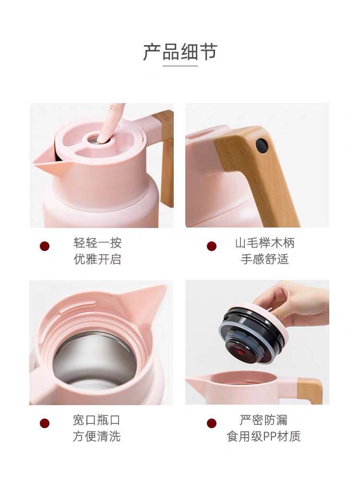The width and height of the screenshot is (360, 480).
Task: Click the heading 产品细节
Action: coord(180,52)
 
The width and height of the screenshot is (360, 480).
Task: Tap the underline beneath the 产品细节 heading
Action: coord(180,66)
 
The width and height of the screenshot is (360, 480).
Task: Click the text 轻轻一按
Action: coord(97,242)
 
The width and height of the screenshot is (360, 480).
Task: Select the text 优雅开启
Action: coord(97,259)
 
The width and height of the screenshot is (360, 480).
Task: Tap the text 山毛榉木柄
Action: coord(264,242)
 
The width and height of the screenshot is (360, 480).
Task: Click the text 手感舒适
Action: coord(264,259)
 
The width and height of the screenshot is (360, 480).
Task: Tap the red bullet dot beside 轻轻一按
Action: coord(45,246)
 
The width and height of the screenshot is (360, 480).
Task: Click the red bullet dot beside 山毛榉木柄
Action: coord(212,246)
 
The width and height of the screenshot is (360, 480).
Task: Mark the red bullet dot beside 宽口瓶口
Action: coord(45,423)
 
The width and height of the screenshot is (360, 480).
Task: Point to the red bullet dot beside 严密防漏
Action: coord(212,423)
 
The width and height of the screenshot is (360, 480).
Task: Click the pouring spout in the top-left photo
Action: coord(46,161)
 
